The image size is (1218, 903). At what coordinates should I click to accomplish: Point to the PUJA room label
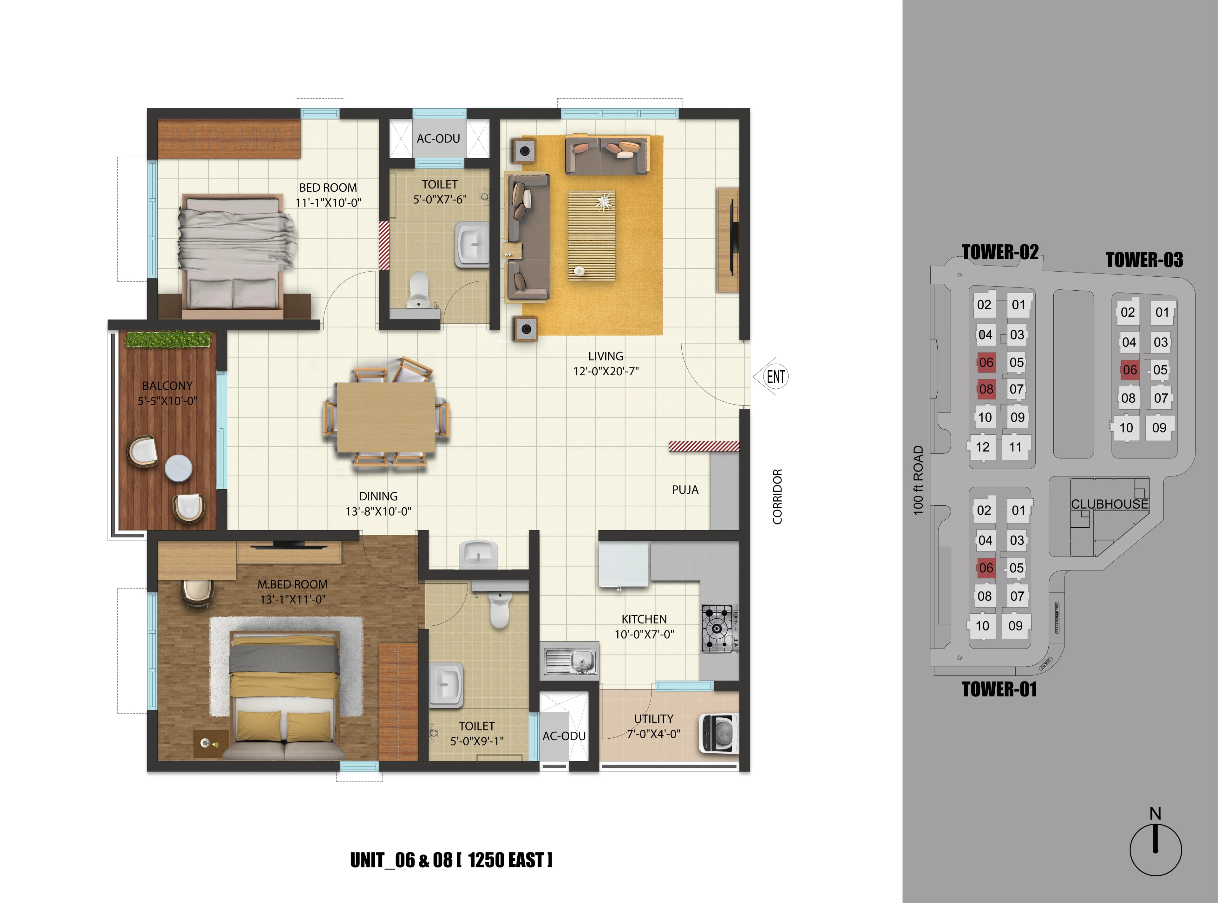point(685,490)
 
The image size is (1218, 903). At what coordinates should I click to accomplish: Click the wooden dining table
point(386,417)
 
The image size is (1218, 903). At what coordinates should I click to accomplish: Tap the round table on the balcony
point(178,468)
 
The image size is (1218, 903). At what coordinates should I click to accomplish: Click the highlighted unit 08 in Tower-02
point(986,389)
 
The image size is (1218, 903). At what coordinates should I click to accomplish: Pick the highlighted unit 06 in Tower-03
point(1130,370)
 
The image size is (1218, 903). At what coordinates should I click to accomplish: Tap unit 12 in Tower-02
point(982,447)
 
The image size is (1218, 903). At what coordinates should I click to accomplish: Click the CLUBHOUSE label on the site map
point(1109,504)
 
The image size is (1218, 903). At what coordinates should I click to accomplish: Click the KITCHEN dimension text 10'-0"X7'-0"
point(644,634)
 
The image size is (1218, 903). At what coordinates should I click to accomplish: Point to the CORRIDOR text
point(777,496)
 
